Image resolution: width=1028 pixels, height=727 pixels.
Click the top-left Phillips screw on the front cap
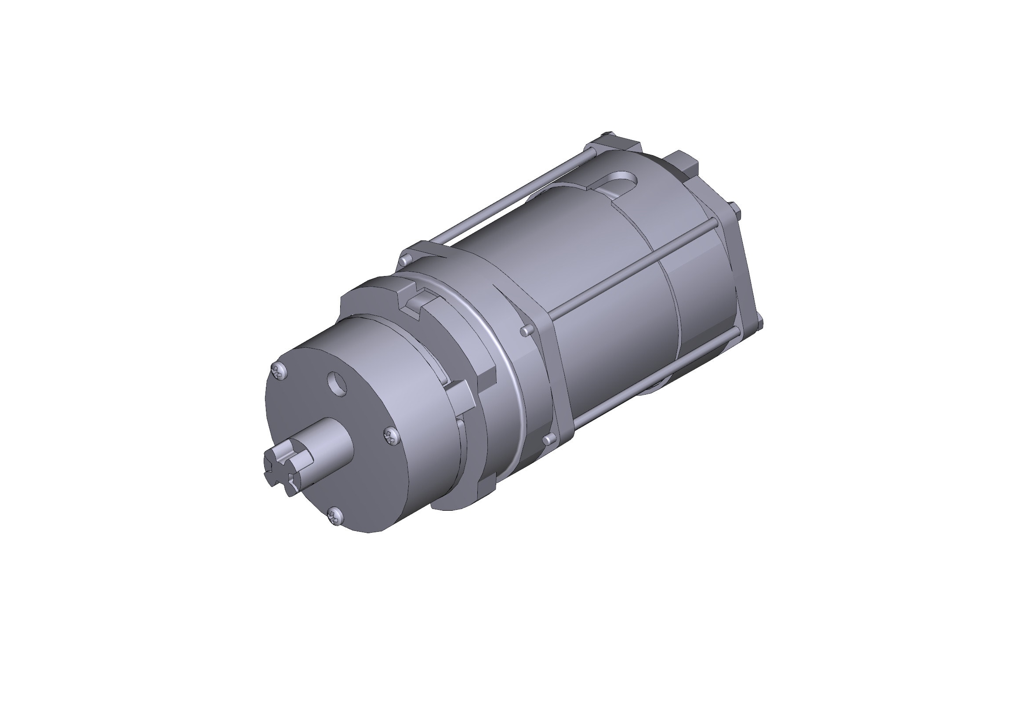click(280, 371)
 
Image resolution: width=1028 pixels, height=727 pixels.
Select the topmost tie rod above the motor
click(515, 197)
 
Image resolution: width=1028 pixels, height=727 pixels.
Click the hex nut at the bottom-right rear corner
click(758, 322)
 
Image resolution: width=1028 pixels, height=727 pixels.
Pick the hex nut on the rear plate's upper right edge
click(733, 208)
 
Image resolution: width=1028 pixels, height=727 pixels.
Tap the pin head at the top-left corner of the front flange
click(406, 259)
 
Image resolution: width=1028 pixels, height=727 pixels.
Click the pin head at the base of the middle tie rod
click(527, 331)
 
